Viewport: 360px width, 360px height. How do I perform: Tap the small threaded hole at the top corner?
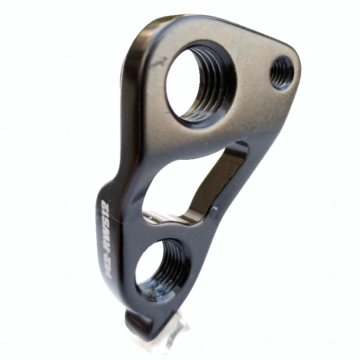[281, 72]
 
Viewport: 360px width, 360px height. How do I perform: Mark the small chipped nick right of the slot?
[215, 211]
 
